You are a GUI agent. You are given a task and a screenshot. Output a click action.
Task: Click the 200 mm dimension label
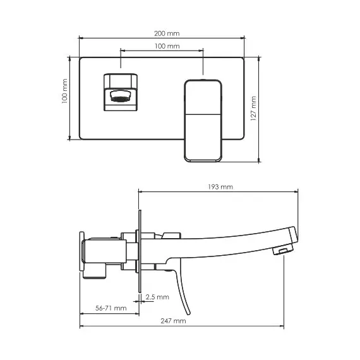[167, 33]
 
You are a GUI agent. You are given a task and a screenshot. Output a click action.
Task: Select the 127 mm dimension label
[253, 109]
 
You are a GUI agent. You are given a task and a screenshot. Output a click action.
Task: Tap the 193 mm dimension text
[220, 187]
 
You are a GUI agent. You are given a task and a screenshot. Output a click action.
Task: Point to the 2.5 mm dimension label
[157, 297]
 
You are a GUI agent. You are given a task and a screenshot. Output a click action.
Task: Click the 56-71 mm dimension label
[111, 308]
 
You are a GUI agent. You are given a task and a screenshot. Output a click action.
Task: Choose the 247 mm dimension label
[173, 321]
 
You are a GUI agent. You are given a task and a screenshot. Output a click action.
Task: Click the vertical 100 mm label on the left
[64, 91]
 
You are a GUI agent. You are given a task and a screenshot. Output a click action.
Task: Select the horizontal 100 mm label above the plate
[167, 46]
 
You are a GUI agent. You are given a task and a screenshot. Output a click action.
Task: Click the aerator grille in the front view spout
[120, 99]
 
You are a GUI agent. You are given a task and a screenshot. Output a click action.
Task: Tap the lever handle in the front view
[203, 121]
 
